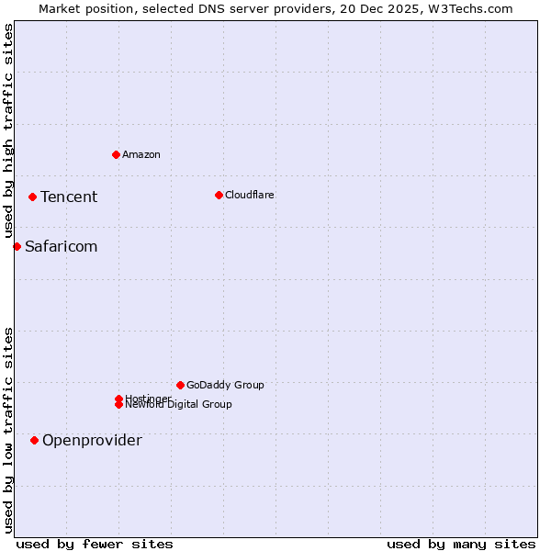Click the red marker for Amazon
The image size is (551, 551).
(x=116, y=154)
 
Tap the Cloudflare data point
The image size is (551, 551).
(x=219, y=195)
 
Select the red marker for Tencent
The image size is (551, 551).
(x=32, y=197)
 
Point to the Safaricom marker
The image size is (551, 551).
(x=17, y=246)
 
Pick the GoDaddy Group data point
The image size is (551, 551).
(x=180, y=385)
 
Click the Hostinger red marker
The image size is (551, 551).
(x=118, y=399)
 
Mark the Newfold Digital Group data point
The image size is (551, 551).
(x=118, y=405)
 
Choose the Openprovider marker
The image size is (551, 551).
(x=34, y=440)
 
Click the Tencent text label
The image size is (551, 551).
(x=69, y=197)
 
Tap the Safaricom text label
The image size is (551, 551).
(x=61, y=246)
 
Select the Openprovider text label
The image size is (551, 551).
(x=92, y=440)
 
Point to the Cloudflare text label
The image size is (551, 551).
(x=249, y=195)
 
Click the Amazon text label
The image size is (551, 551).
(x=141, y=154)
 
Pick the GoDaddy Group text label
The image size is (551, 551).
(x=225, y=385)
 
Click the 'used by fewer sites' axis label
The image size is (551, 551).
(x=95, y=544)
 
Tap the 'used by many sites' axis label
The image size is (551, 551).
(x=461, y=544)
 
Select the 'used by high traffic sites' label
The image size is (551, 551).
(x=8, y=130)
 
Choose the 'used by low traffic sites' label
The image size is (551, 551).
(x=8, y=430)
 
